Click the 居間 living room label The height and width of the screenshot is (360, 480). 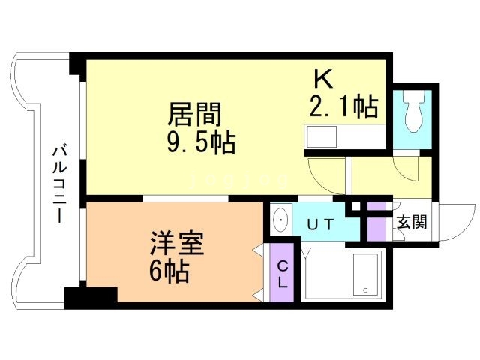[x=194, y=114]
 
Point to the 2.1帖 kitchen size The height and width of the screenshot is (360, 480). [x=343, y=106]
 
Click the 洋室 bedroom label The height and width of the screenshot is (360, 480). [x=177, y=243]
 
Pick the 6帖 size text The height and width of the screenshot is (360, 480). [x=168, y=271]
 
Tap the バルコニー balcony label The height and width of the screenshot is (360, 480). [x=58, y=185]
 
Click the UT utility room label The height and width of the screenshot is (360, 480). [x=320, y=225]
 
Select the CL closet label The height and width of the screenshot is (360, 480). [x=282, y=275]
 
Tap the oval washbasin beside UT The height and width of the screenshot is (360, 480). [x=280, y=220]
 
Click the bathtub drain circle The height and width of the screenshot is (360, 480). [x=365, y=289]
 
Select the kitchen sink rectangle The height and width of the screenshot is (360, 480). [x=321, y=137]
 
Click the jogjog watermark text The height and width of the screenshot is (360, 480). [x=239, y=181]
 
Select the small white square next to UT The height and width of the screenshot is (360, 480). [x=355, y=206]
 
